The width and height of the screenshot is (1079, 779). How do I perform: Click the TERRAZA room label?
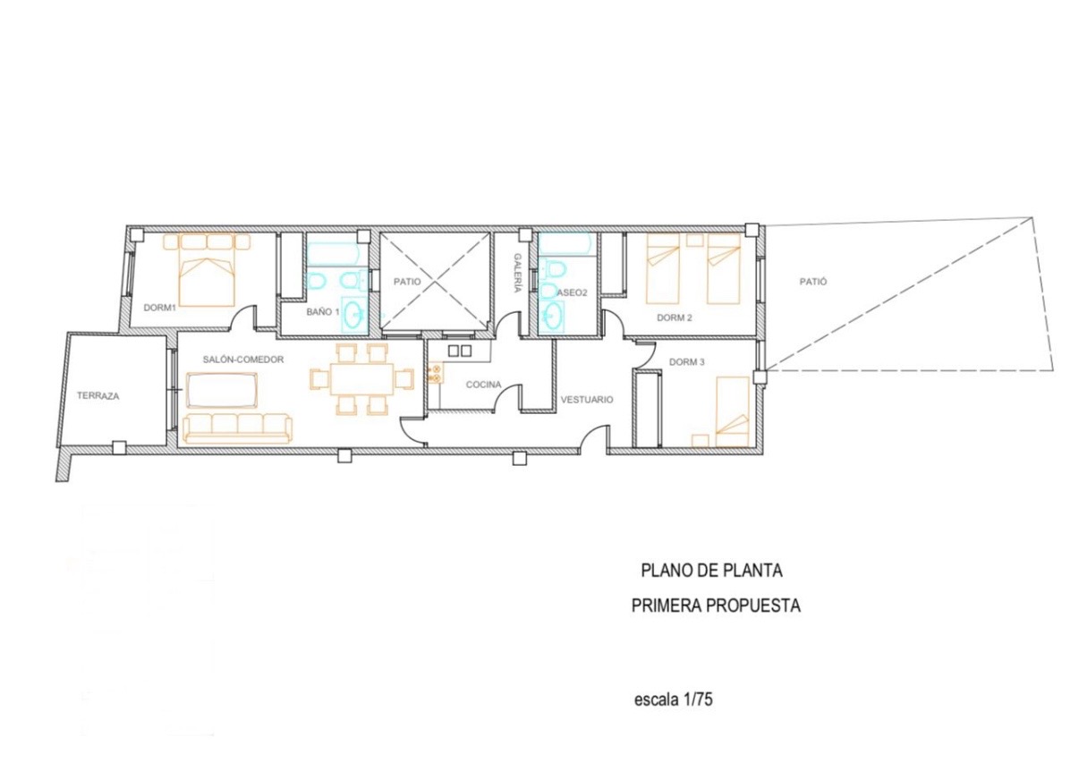98,396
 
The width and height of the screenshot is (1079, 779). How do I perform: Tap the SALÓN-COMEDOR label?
243,360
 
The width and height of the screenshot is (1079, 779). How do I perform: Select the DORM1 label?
160,308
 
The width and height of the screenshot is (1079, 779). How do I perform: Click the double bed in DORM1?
208,269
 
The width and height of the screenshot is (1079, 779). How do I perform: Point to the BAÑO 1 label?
323,312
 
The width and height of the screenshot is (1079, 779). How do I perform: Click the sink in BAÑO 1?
355,315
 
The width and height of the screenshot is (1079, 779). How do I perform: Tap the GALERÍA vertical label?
517,273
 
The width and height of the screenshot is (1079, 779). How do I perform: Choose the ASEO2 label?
572,292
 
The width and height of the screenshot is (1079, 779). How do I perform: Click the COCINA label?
484,385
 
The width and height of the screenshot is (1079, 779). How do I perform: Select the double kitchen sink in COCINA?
460,351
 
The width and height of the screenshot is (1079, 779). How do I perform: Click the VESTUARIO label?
587,400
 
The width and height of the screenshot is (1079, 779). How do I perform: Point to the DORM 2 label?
675,318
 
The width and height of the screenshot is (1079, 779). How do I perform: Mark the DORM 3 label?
687,362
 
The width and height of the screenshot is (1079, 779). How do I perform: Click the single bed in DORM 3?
733,412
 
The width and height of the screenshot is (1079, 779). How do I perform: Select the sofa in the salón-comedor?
237,428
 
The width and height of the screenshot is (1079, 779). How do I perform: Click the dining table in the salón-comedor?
361,379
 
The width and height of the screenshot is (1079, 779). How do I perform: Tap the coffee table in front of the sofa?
222,390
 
